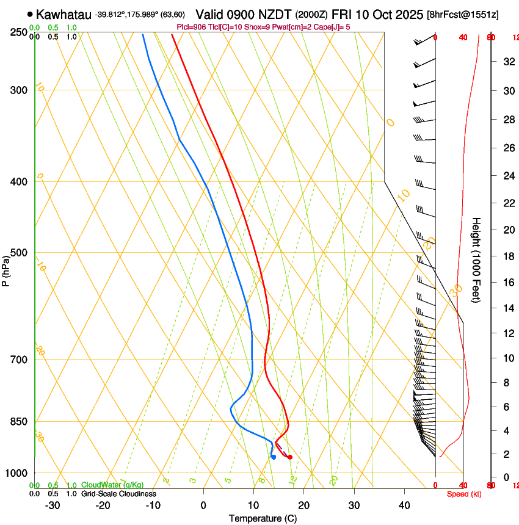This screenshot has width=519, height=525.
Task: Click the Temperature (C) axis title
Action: (263, 518)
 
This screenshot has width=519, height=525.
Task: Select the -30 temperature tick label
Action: (53, 505)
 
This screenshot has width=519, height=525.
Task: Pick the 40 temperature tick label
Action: (404, 505)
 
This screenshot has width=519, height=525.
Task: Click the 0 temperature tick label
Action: (203, 505)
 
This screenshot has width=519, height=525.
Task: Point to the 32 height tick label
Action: (508, 61)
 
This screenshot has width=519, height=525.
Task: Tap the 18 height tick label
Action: (508, 256)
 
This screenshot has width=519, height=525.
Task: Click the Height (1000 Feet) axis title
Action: (477, 259)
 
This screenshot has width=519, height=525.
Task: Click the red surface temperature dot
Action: (290, 457)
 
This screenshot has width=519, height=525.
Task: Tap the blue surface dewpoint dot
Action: (274, 457)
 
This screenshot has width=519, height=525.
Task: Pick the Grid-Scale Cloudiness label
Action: (118, 494)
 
